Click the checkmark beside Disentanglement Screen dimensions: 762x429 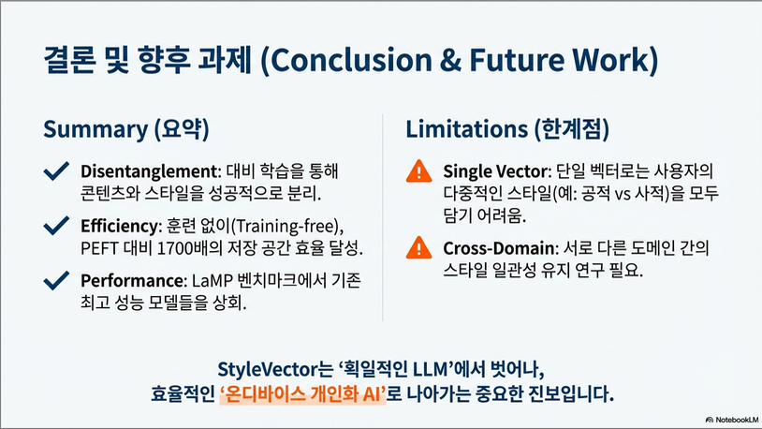click(x=56, y=171)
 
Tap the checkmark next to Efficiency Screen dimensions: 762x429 click(x=56, y=226)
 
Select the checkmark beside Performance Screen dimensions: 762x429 click(x=56, y=281)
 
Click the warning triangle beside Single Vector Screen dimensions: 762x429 click(x=418, y=171)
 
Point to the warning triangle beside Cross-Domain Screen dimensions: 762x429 click(x=418, y=247)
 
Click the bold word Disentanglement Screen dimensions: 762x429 click(x=149, y=171)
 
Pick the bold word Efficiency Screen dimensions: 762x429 click(x=120, y=226)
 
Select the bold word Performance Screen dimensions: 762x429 click(x=132, y=281)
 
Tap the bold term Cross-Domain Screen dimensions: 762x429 click(x=499, y=248)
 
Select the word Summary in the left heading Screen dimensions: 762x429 click(x=95, y=129)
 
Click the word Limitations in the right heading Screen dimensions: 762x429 click(x=466, y=129)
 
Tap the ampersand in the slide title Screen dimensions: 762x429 click(x=450, y=60)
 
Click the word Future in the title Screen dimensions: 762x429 click(x=516, y=60)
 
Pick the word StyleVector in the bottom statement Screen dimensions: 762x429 click(x=268, y=370)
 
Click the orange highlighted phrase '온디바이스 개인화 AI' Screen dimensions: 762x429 click(x=302, y=394)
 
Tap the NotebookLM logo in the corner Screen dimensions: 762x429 click(x=732, y=420)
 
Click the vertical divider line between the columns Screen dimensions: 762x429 click(x=383, y=217)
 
